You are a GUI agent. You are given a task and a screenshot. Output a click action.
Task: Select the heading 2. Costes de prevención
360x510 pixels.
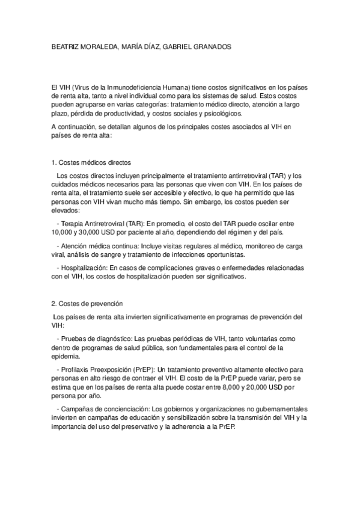coord(87,304)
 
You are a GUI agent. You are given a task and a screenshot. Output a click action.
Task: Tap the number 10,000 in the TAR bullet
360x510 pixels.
coord(63,232)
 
